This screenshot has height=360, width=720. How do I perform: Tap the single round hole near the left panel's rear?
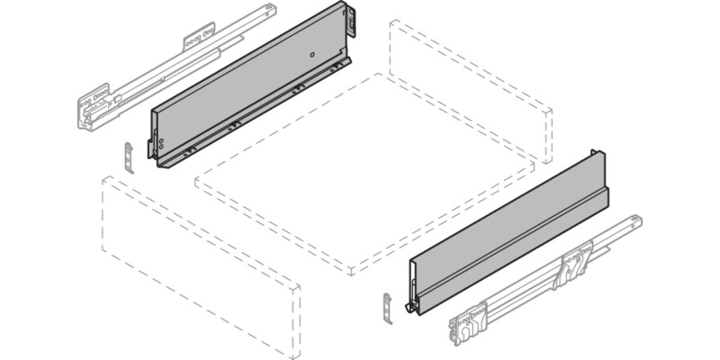[x=311, y=55]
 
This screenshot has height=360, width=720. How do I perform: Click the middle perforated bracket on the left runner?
[x=200, y=40]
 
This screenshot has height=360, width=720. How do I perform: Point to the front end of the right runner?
[x=469, y=324]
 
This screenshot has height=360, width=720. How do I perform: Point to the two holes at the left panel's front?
[x=158, y=142]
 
